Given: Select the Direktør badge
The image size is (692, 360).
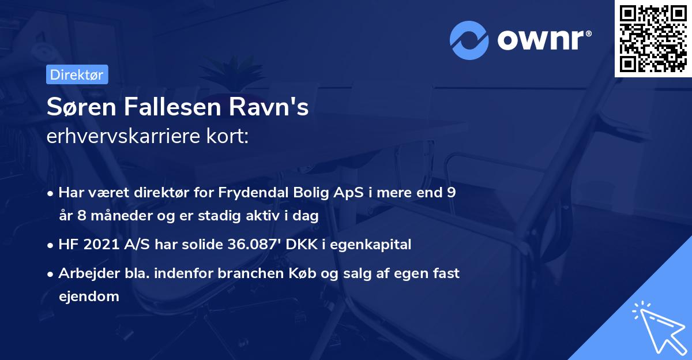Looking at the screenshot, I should (x=76, y=74).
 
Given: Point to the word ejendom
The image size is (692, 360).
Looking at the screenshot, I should (x=89, y=297).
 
